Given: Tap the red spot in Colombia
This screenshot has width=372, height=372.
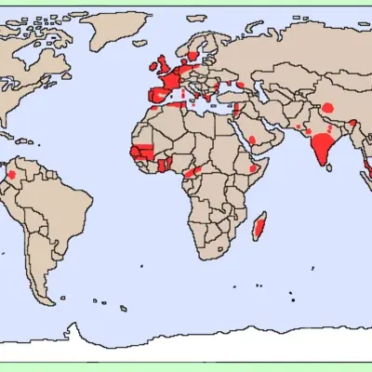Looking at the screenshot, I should click(x=12, y=174).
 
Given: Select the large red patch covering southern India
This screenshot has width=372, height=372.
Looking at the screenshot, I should click(x=322, y=147).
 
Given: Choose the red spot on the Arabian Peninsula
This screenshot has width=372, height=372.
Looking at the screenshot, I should click(x=252, y=140).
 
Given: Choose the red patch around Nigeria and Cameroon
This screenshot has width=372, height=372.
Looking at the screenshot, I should click(x=192, y=172).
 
